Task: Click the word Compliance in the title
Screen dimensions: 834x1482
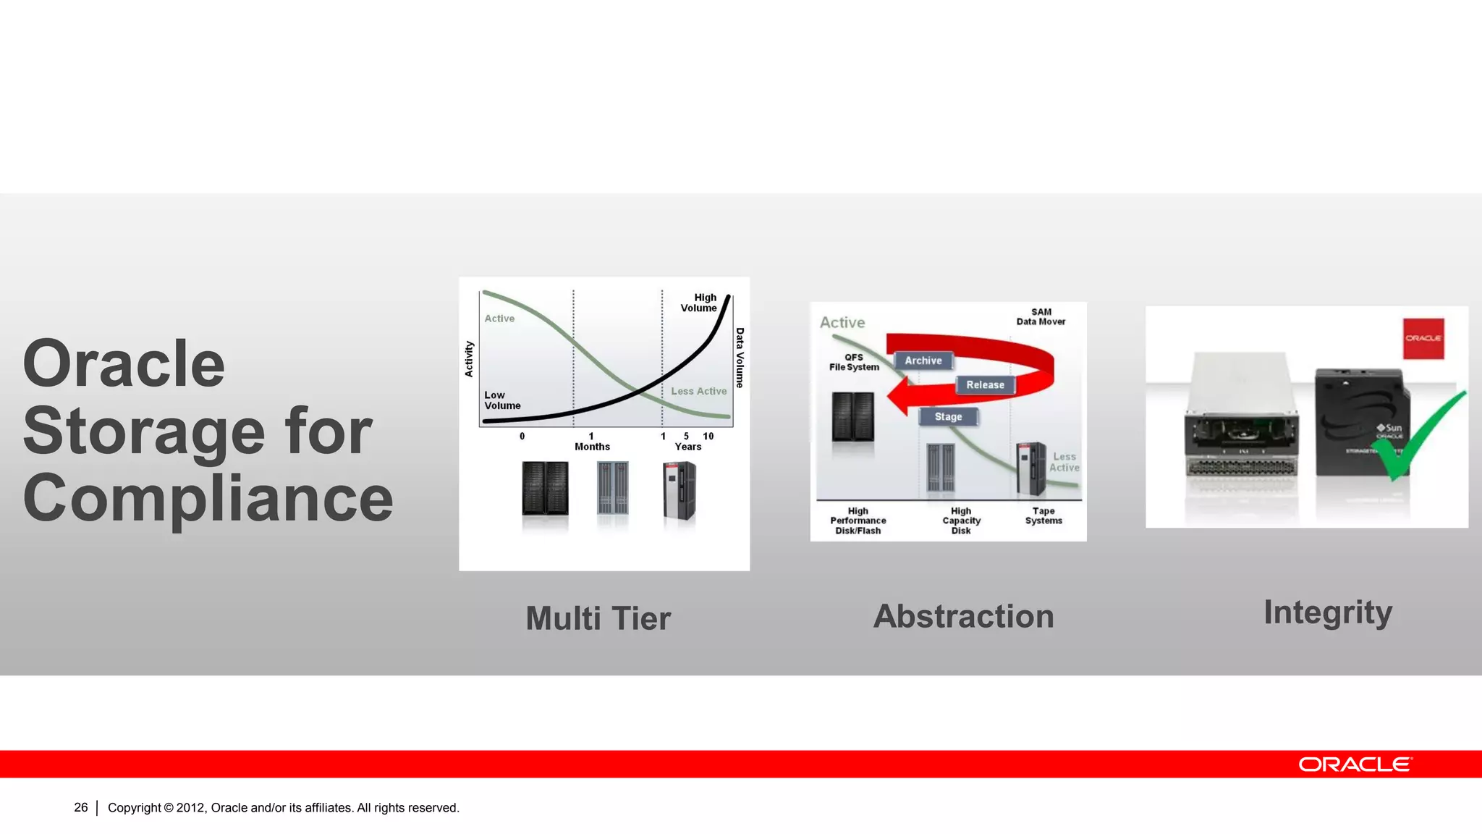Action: pos(208,499)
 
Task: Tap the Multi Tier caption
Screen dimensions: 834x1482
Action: pos(598,619)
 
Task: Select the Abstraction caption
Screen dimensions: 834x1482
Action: pos(963,617)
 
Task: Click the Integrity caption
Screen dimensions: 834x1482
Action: pos(1327,613)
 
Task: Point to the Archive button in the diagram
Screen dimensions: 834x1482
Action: pos(923,361)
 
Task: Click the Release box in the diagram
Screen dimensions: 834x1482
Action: pos(985,385)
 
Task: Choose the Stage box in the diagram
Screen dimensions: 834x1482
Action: pos(948,417)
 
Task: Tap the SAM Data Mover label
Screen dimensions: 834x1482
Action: pos(1041,317)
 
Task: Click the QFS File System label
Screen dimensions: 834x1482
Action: pos(854,363)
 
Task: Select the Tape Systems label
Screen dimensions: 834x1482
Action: pos(1043,516)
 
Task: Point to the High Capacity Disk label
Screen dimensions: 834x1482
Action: pos(961,521)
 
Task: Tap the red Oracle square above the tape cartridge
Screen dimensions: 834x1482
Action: pos(1423,338)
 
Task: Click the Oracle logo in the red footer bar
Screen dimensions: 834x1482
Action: pos(1355,764)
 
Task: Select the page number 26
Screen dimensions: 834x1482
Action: pos(80,807)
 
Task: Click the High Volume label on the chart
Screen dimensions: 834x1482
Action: pos(699,303)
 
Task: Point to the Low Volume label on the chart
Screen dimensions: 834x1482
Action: pos(501,400)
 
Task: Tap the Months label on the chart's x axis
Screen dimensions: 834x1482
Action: pos(592,447)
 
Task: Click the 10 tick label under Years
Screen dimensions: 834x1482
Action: pos(708,436)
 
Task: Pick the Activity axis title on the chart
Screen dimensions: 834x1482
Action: pos(469,359)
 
